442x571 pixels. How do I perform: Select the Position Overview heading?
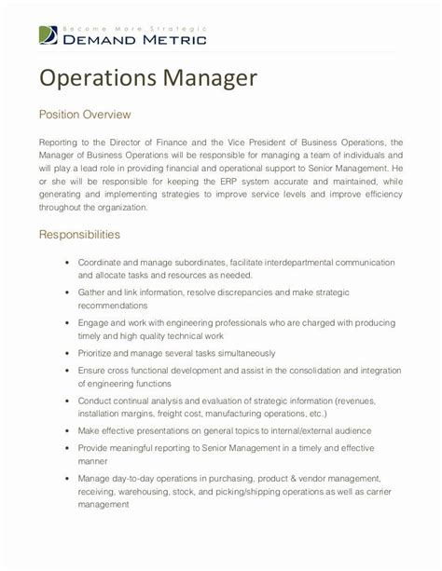84,115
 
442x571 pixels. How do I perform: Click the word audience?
351,431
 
